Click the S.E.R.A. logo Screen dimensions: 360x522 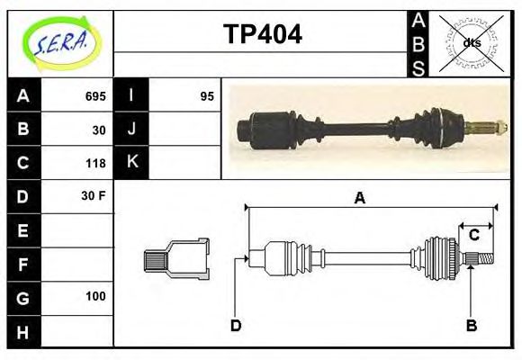tap(60, 42)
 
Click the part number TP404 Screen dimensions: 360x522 tap(262, 35)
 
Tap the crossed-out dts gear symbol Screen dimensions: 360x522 tap(472, 42)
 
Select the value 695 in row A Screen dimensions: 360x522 tap(95, 96)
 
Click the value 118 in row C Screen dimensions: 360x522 tap(95, 163)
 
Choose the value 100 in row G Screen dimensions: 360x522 tap(95, 296)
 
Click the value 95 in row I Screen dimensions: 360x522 tap(207, 96)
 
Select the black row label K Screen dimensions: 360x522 tap(131, 162)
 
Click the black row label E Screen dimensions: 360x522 tap(23, 230)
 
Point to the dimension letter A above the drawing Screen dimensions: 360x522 tap(359, 198)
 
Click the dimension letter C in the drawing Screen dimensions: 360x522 tap(473, 236)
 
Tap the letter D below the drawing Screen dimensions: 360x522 tap(236, 325)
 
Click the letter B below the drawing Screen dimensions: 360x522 tap(471, 325)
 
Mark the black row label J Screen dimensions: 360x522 tap(131, 129)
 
